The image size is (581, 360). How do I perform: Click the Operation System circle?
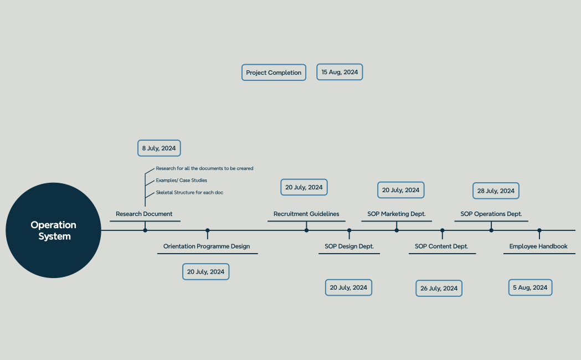click(x=53, y=230)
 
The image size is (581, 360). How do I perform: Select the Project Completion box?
click(x=274, y=73)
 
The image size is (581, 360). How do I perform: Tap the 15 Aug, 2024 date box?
click(x=340, y=72)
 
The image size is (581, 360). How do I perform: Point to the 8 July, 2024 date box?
click(x=159, y=148)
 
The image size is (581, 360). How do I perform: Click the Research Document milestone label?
click(x=144, y=214)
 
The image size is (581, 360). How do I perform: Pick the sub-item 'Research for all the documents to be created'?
click(x=204, y=168)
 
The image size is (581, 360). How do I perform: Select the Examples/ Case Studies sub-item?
click(x=181, y=181)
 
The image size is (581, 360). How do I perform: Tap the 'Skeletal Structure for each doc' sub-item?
click(x=189, y=193)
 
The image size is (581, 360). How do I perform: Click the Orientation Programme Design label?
click(x=207, y=246)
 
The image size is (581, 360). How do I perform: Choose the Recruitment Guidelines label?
click(x=306, y=214)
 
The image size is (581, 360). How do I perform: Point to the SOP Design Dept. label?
click(x=349, y=246)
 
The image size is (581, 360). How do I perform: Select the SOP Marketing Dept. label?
click(x=397, y=214)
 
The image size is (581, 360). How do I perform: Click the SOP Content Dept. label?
click(x=441, y=246)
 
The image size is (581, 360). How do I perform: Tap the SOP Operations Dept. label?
click(x=491, y=214)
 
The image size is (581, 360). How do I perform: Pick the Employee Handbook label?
click(x=538, y=246)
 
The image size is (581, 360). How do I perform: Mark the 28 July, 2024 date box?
click(x=496, y=191)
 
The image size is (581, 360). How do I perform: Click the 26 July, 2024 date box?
click(x=439, y=288)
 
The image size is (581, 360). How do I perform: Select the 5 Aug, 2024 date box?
click(x=530, y=287)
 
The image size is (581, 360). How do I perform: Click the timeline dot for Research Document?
click(x=145, y=230)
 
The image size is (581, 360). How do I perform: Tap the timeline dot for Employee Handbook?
click(x=539, y=230)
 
